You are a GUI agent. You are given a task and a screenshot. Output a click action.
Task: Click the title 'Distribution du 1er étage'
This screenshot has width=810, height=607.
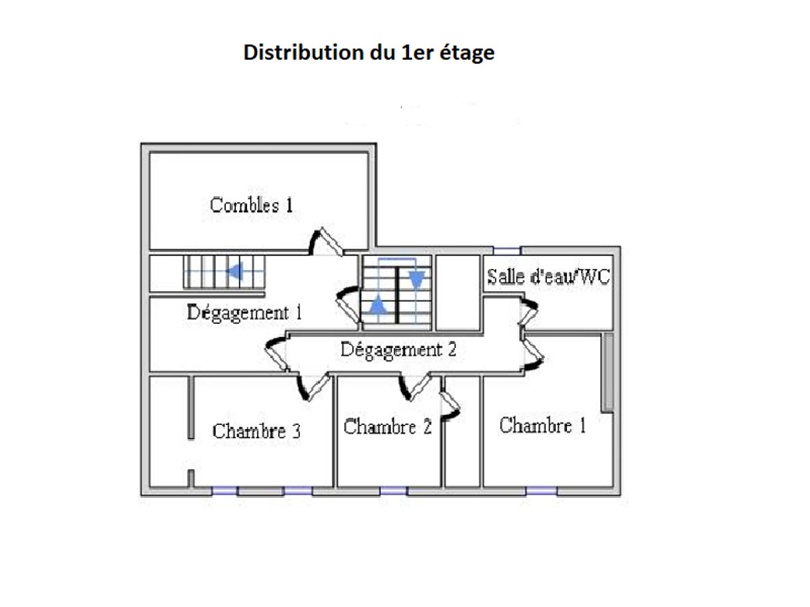tap(368, 53)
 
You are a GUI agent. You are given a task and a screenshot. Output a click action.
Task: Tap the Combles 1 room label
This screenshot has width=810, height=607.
tap(252, 205)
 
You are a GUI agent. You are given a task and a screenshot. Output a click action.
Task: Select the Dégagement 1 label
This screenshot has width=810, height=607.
tap(244, 313)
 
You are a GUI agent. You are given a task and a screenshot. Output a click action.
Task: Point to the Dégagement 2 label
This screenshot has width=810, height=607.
tap(398, 349)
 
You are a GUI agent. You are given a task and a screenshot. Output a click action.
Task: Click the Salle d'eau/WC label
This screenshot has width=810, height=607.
tap(548, 276)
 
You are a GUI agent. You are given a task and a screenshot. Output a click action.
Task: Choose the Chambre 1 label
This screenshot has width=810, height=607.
tap(543, 426)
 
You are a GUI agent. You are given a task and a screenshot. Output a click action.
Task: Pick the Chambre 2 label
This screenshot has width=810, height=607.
tap(387, 427)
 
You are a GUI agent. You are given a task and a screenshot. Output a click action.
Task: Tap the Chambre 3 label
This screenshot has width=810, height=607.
tap(256, 431)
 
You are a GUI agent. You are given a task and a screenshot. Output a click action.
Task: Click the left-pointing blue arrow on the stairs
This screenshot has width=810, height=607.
tap(234, 272)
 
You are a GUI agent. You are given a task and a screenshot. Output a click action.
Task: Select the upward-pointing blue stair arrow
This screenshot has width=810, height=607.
tap(377, 303)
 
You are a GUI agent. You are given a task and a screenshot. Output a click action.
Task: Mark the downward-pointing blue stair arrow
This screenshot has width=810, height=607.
tap(416, 276)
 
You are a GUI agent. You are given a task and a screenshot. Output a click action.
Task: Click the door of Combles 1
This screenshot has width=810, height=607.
tap(328, 241)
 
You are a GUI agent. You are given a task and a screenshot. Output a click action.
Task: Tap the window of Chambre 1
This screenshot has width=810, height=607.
tap(541, 490)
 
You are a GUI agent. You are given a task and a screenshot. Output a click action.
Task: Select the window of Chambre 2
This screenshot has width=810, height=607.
tap(393, 490)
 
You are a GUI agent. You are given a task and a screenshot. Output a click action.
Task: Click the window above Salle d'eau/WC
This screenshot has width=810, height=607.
tap(507, 250)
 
